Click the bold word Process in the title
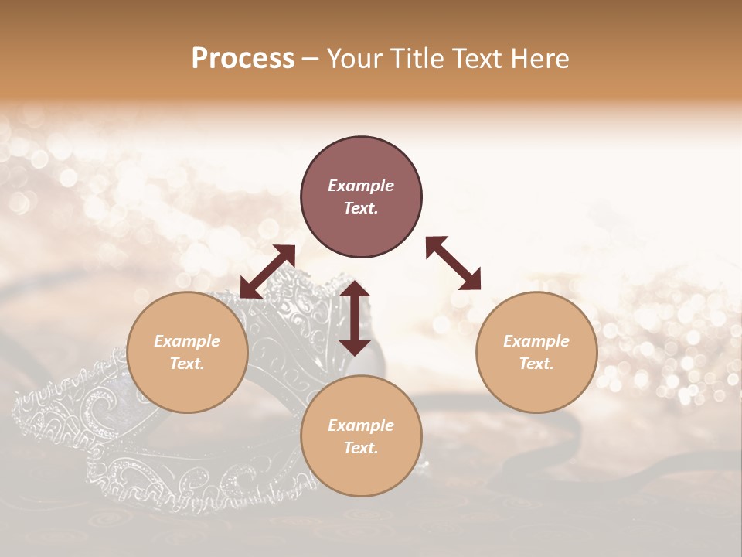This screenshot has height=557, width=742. tap(243, 59)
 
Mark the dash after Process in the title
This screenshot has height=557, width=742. tap(310, 60)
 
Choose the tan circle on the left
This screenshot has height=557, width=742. tap(187, 352)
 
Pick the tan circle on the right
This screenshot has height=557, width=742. tap(536, 352)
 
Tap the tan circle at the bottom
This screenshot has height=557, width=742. tap(361, 436)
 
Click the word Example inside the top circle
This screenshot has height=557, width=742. tap(361, 186)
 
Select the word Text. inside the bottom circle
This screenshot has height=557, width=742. tap(361, 448)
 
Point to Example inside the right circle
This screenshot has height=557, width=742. tap(536, 341)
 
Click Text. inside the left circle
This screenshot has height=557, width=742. tap(187, 364)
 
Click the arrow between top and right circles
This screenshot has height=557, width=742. tap(453, 263)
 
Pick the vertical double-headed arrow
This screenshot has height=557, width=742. tap(355, 318)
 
